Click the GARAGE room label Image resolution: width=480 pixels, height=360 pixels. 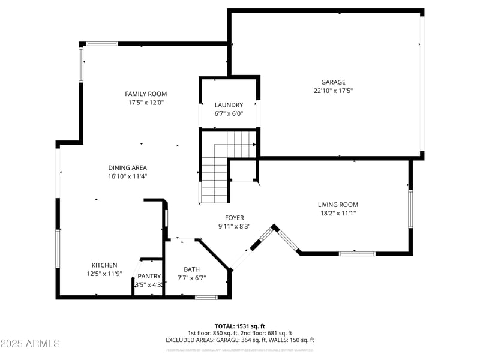pos(333,82)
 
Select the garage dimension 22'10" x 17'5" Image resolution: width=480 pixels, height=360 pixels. pos(333,91)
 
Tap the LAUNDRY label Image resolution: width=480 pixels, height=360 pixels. pos(229,104)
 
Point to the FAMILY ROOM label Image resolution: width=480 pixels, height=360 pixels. pos(146,94)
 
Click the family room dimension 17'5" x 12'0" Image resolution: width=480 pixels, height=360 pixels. pos(146,103)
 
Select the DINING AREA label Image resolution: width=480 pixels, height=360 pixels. pos(127,167)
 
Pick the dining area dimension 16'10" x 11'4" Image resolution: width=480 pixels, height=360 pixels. pos(127,176)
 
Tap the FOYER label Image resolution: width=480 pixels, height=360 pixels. pos(234,218)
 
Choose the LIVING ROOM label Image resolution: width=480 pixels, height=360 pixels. pos(338,205)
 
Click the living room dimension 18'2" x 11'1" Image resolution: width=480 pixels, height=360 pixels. pos(338,213)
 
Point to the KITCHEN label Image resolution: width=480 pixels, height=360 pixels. pos(104,265)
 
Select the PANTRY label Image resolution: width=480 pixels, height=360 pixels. pos(149,276)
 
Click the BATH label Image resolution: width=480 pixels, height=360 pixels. pos(192,269)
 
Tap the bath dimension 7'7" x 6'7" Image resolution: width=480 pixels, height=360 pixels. pos(192,278)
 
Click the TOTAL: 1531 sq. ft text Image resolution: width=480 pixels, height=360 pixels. pos(240,326)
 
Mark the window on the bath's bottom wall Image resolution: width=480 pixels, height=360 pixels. pos(206,297)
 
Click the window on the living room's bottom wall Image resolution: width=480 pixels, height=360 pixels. pos(357,254)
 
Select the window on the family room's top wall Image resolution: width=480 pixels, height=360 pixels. pos(102,43)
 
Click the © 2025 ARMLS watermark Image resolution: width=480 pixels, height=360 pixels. pos(30,344)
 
